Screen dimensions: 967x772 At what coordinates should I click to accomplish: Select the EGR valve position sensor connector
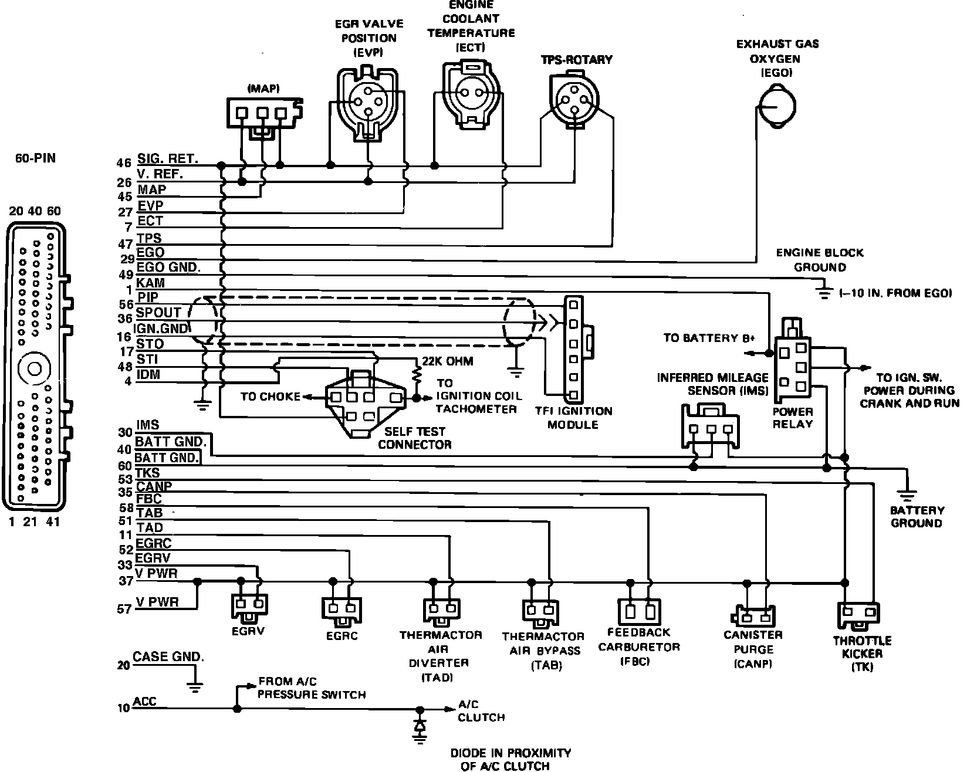tap(369, 105)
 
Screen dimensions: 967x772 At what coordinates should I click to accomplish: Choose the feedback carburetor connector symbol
tap(640, 612)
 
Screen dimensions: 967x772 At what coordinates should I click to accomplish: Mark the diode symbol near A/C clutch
tap(420, 726)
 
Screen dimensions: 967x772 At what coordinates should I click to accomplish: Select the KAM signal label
tap(150, 283)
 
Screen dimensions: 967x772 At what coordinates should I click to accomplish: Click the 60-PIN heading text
tap(36, 158)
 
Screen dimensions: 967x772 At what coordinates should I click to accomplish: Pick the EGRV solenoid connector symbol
tap(249, 608)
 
